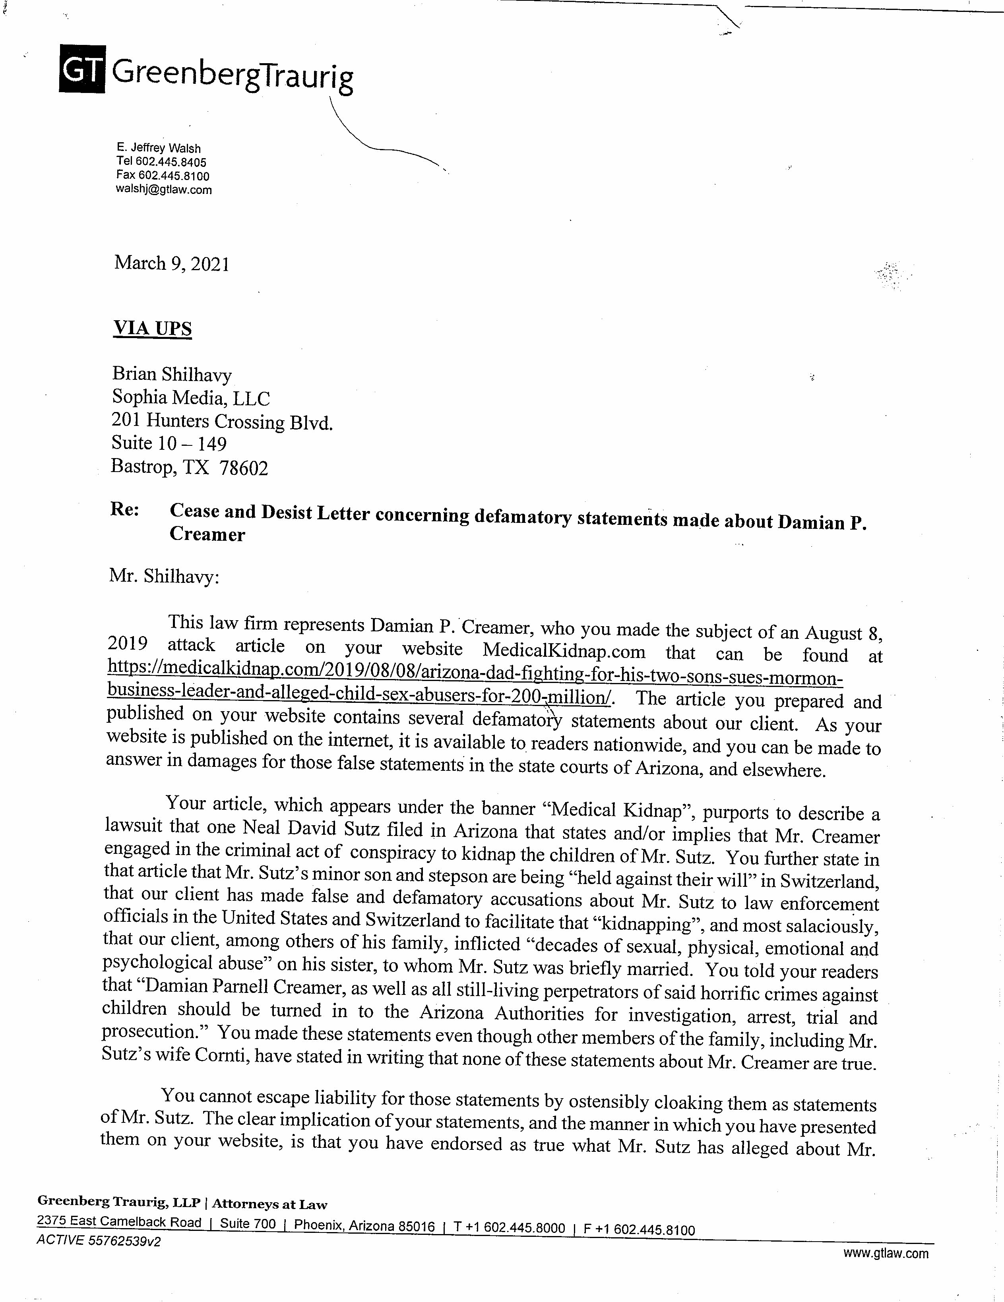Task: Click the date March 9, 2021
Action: pos(172,263)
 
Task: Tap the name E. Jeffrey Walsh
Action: pos(159,148)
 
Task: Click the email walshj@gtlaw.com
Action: pos(164,190)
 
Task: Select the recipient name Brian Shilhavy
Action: pos(172,374)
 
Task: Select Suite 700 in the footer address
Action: pos(248,1224)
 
